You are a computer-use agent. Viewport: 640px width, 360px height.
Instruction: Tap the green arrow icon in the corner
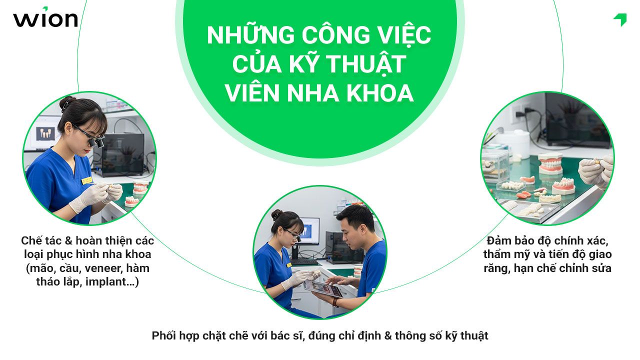click(620, 19)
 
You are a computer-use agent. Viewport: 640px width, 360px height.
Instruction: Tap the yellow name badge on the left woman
click(86, 179)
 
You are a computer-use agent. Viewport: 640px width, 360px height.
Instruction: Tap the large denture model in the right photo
click(550, 163)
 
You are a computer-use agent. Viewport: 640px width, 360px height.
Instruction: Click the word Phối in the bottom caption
click(164, 335)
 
